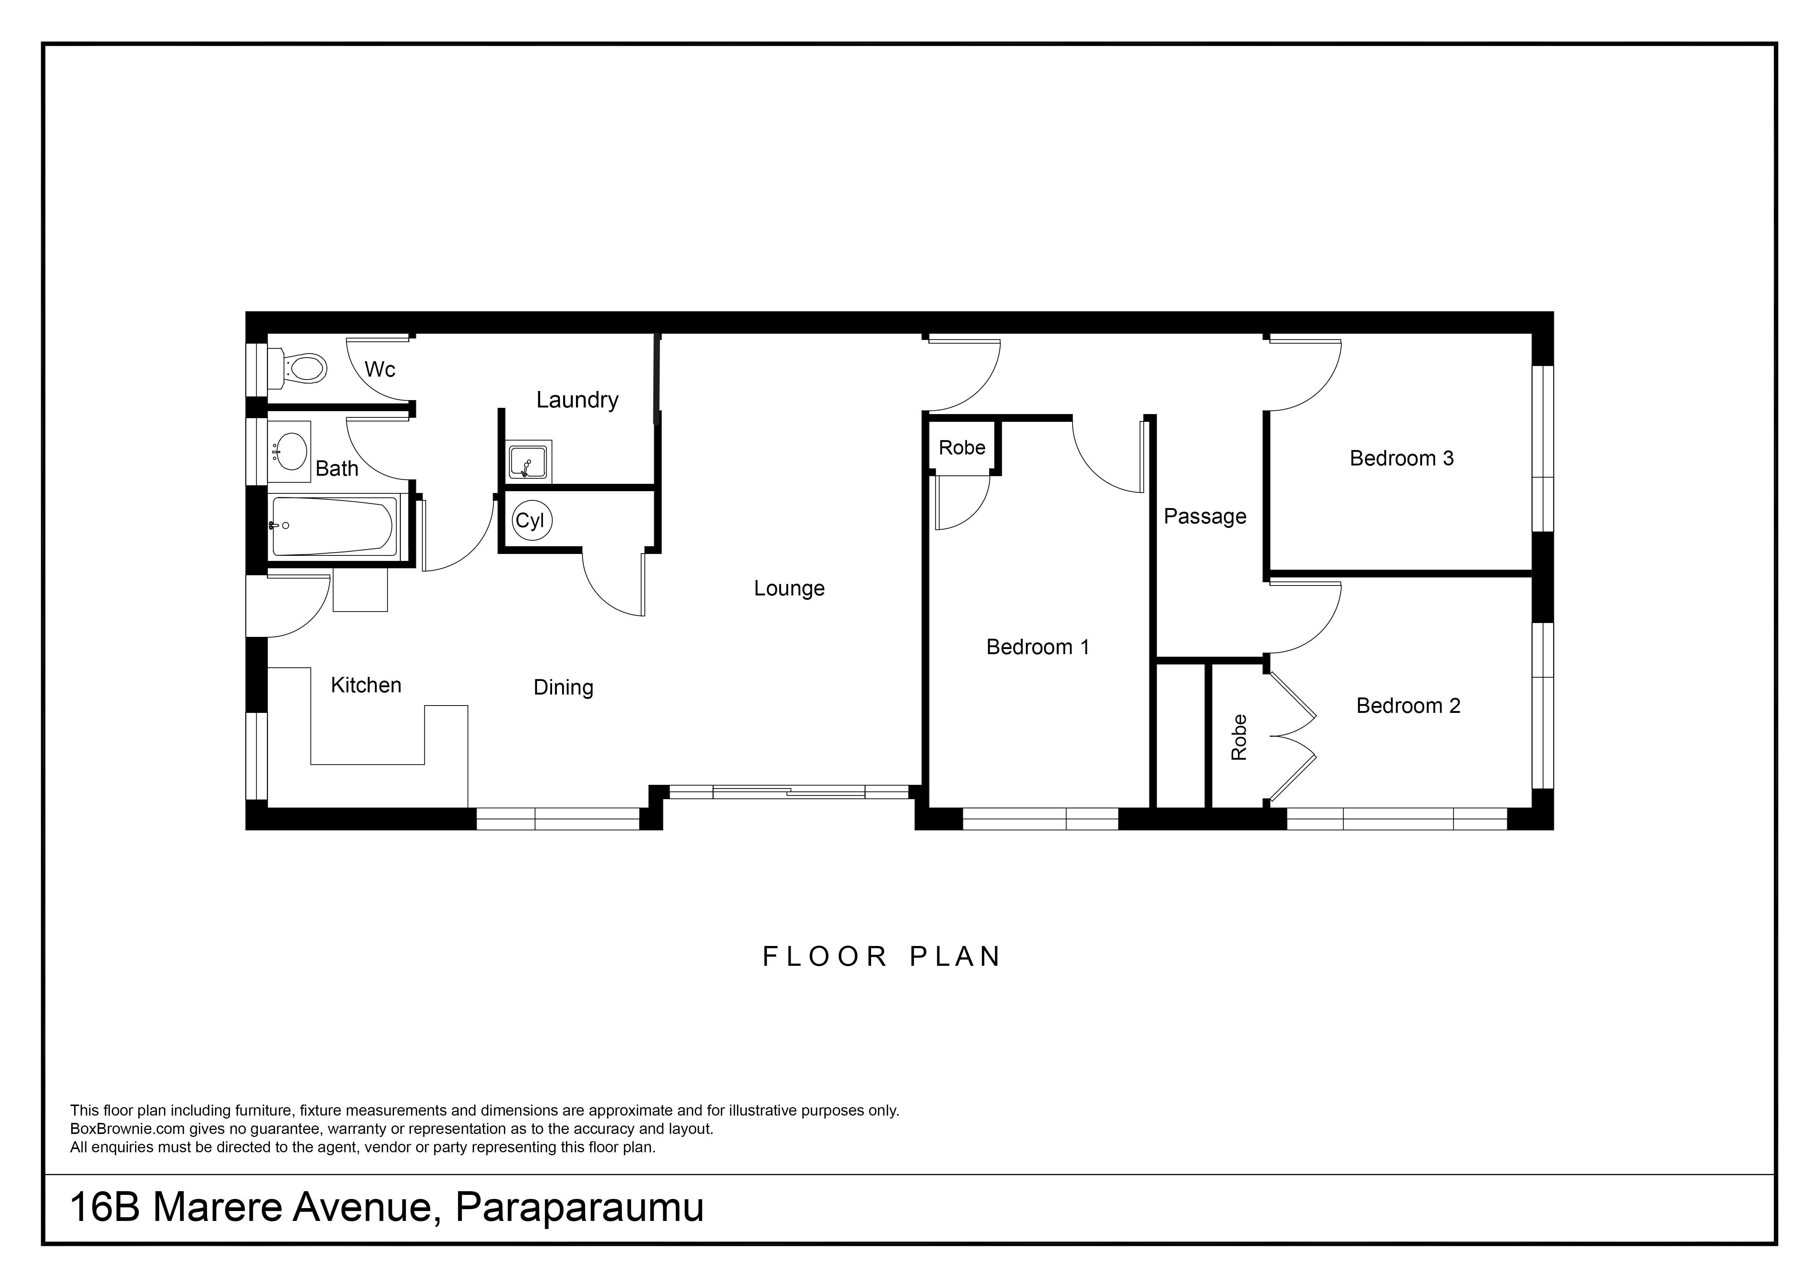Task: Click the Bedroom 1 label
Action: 1038,647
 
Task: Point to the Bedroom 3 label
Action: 1402,458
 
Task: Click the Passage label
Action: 1205,517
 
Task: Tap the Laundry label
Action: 577,399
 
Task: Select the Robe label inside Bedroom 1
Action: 961,448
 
